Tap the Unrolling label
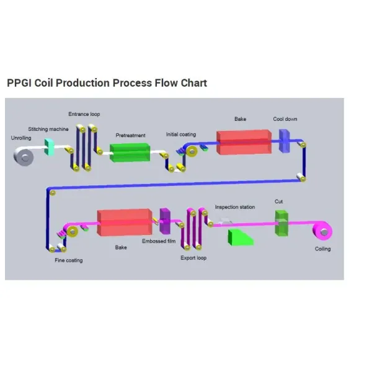21,138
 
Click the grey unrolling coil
26,158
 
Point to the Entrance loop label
84,114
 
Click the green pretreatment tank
130,153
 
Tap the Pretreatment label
130,135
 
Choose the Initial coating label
181,134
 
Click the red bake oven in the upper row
243,143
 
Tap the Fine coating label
68,260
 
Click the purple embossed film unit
165,220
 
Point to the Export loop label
193,258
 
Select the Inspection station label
234,207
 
